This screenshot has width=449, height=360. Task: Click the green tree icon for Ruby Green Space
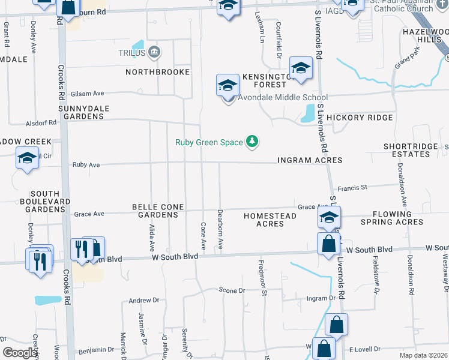(x=253, y=142)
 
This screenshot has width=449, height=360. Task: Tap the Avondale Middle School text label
(x=283, y=98)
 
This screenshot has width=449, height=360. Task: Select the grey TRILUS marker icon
(x=155, y=52)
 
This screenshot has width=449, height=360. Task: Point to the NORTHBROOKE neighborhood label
(x=157, y=72)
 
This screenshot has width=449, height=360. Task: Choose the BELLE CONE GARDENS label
(x=158, y=211)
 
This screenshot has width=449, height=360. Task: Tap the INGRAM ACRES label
(x=310, y=160)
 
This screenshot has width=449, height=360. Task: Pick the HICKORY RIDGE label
(x=360, y=118)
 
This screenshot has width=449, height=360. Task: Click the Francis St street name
(x=352, y=188)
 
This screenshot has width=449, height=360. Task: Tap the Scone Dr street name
(x=232, y=290)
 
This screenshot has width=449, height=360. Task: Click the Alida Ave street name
(x=151, y=238)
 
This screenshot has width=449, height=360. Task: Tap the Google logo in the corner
(x=20, y=353)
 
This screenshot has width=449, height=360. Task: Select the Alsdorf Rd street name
(x=41, y=122)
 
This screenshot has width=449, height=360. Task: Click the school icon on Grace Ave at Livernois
(x=329, y=218)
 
